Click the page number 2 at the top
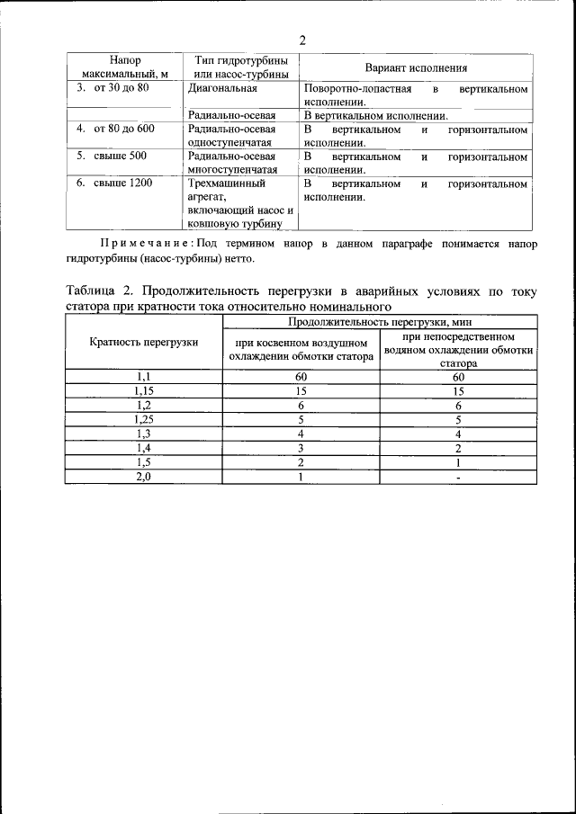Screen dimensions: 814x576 tap(301, 40)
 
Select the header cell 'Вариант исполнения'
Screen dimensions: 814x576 tap(415, 67)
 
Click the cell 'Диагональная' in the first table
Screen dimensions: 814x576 tap(223, 89)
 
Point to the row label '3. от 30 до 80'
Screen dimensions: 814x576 tap(112, 89)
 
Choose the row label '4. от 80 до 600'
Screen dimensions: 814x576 tap(115, 129)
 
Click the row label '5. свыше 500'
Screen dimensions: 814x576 tap(111, 156)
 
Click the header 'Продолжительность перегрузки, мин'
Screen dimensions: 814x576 tap(380, 321)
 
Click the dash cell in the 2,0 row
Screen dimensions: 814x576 tap(458, 478)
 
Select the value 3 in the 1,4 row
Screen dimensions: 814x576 tap(300, 448)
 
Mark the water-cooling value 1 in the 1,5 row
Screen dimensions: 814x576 tap(458, 462)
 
